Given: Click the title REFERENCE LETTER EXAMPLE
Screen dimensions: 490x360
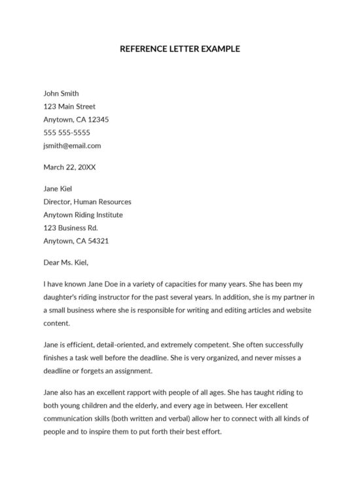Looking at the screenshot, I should tap(180, 48).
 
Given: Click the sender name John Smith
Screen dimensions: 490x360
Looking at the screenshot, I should tap(61, 94).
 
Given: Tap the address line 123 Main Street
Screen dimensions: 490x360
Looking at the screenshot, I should tap(69, 107).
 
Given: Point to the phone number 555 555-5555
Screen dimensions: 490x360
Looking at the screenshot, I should tap(67, 133).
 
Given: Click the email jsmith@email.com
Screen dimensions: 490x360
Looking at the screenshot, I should tap(72, 146).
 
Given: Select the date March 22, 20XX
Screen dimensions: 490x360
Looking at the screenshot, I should tap(69, 167).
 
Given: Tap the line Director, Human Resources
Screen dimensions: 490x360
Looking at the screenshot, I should tap(87, 202).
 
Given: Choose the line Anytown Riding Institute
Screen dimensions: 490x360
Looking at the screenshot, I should tap(82, 215).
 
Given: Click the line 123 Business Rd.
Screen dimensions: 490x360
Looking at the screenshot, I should tap(70, 228).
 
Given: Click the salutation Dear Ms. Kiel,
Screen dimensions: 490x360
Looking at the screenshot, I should tap(65, 263).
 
